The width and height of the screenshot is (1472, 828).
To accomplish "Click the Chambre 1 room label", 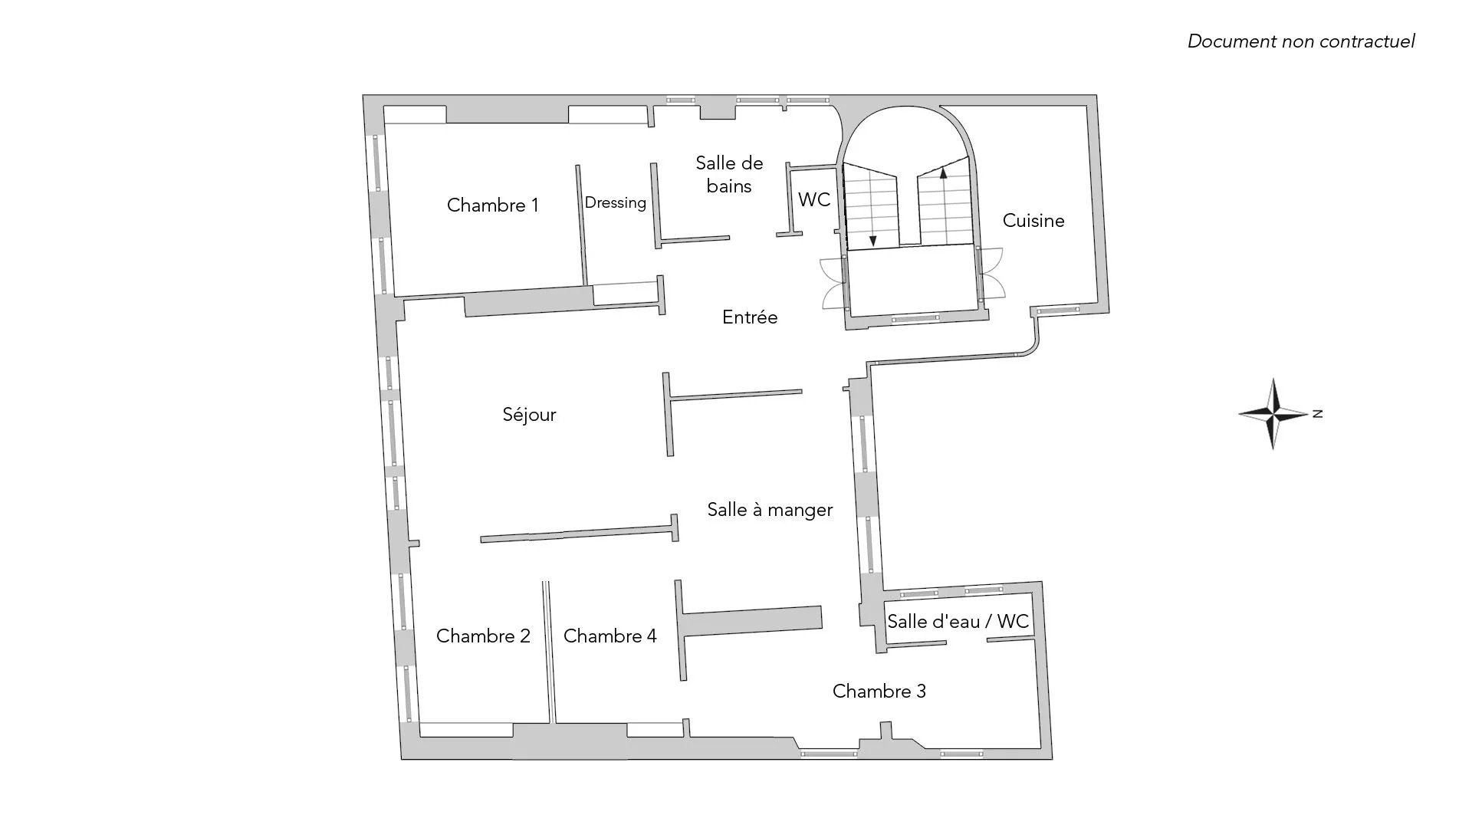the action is pyautogui.click(x=492, y=205).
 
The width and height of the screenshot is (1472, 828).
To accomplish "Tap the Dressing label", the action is pyautogui.click(x=616, y=203).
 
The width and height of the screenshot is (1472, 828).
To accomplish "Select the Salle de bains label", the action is pyautogui.click(x=729, y=174).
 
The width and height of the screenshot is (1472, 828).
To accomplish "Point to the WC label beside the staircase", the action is pyautogui.click(x=814, y=199).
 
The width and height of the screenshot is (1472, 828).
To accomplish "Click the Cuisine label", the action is pyautogui.click(x=1033, y=221).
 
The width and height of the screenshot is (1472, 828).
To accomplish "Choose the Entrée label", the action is pyautogui.click(x=750, y=317).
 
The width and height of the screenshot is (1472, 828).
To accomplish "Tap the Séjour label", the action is pyautogui.click(x=529, y=414).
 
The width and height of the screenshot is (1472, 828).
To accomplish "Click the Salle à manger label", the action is pyautogui.click(x=770, y=510).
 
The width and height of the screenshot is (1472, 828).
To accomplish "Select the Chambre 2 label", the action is pyautogui.click(x=483, y=636).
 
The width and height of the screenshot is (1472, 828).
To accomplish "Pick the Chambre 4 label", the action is pyautogui.click(x=610, y=636).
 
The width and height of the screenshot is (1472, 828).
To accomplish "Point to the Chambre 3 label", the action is pyautogui.click(x=879, y=692).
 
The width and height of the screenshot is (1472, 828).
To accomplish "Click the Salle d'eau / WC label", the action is pyautogui.click(x=958, y=621).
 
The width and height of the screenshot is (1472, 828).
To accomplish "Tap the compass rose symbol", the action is pyautogui.click(x=1273, y=414).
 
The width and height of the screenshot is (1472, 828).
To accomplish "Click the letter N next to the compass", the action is pyautogui.click(x=1318, y=414).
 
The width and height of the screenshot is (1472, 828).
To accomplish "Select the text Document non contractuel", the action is pyautogui.click(x=1301, y=41).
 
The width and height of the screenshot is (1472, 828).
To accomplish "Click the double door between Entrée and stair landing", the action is pyautogui.click(x=833, y=284).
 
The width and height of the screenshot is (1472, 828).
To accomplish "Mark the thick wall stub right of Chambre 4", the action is pyautogui.click(x=751, y=620).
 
